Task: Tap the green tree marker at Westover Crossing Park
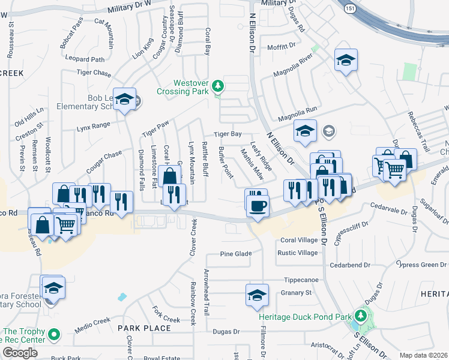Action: point(218,88)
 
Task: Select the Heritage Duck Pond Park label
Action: point(305,317)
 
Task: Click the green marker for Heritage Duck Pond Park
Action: point(360,315)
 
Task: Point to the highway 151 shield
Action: point(349,8)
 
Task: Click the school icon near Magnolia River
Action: point(345,61)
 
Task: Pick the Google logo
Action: point(20,353)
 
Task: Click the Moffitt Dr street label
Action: point(282,46)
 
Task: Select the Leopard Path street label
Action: point(86,59)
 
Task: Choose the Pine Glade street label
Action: point(235,254)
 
